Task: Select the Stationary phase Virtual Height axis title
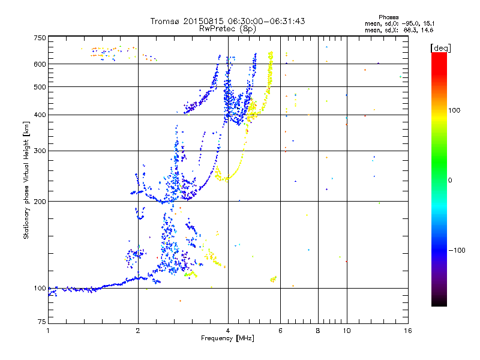[26, 181]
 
